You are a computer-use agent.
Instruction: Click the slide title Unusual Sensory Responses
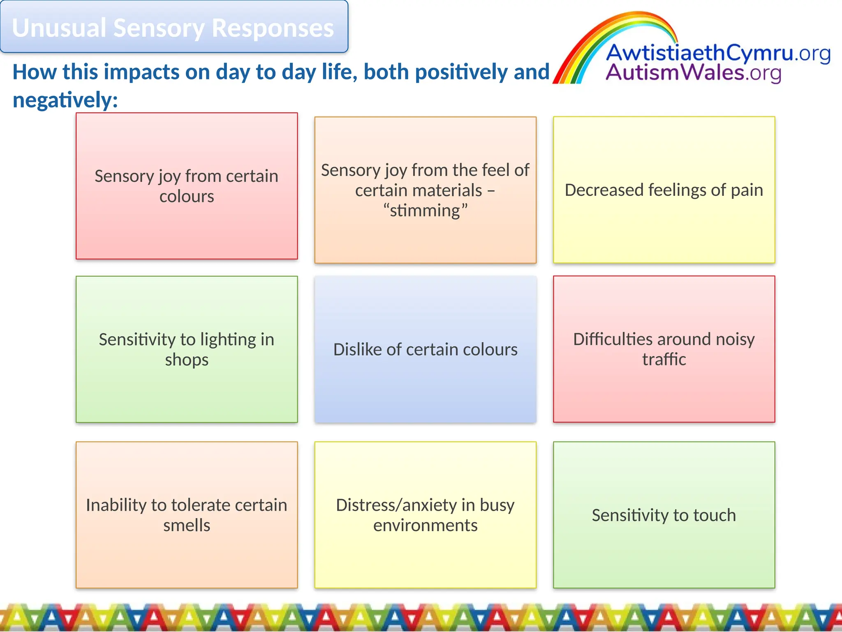point(173,28)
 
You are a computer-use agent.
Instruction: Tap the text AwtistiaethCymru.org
point(717,53)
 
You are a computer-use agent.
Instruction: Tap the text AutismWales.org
point(693,73)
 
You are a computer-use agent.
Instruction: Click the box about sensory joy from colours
point(187,186)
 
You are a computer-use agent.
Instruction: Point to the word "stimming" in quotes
point(425,211)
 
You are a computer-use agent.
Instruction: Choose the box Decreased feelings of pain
point(664,190)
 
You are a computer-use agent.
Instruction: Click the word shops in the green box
point(187,360)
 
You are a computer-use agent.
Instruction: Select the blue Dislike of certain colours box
point(425,349)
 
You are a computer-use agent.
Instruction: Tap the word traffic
point(664,360)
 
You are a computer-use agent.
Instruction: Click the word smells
point(187,525)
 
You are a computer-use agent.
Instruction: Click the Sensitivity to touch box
point(664,515)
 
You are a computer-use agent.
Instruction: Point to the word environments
point(425,525)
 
